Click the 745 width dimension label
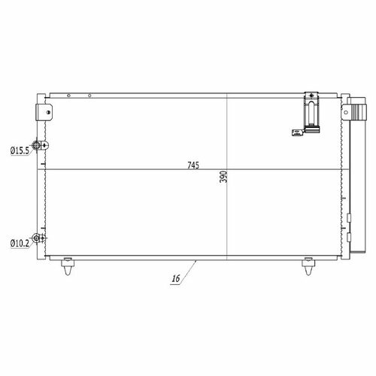coord(193,165)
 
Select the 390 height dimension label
coord(223,177)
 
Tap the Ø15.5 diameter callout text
coord(20,150)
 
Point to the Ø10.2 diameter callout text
coord(20,243)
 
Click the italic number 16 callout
coord(176,278)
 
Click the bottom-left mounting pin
coord(68,266)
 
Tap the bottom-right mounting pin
coord(308,266)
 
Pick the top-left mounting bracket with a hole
coord(44,112)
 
